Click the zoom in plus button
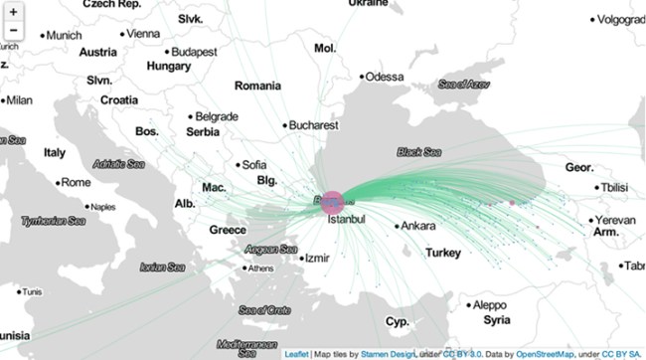click(x=14, y=11)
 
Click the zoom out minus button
click(x=14, y=31)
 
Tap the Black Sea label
click(x=418, y=153)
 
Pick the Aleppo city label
click(x=490, y=304)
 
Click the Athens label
click(x=260, y=269)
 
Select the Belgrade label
click(x=216, y=115)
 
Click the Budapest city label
click(x=194, y=52)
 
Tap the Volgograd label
click(x=623, y=18)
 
